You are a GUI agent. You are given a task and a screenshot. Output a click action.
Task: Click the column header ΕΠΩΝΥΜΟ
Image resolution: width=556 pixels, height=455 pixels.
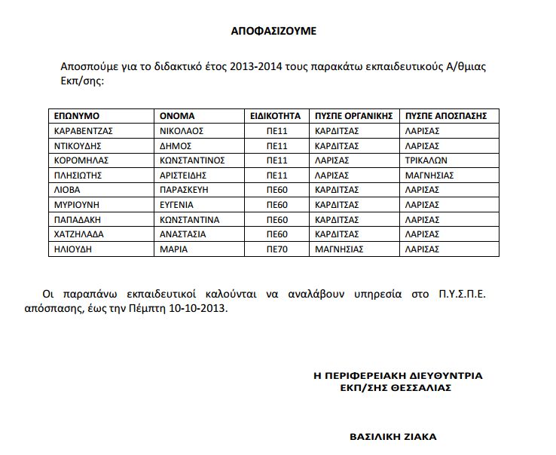tap(77, 116)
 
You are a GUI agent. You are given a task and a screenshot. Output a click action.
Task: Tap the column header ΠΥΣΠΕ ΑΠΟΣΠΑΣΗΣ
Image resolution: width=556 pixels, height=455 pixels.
tap(446, 116)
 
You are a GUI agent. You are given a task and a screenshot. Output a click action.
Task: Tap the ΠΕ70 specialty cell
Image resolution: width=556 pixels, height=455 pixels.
tap(277, 249)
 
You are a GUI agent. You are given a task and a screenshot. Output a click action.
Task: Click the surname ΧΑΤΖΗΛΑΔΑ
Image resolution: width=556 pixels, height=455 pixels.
tap(79, 234)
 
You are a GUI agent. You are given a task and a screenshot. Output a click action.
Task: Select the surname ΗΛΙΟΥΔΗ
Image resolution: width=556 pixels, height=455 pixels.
tap(73, 249)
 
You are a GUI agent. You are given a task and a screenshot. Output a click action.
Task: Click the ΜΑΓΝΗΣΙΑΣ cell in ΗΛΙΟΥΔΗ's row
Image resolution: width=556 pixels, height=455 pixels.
tap(339, 249)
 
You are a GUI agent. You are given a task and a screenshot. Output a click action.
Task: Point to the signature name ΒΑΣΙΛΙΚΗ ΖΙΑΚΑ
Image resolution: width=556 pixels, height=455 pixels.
tap(393, 436)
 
